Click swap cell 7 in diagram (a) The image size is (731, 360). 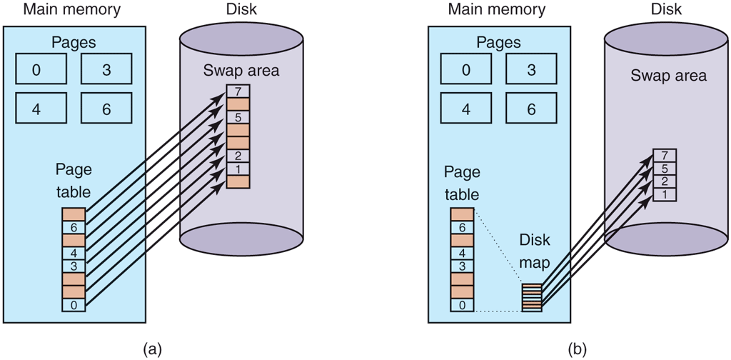tap(238, 91)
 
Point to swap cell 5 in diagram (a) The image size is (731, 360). tap(238, 117)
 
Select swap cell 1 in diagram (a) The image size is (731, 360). tap(238, 169)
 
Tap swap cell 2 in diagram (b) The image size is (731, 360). tap(664, 181)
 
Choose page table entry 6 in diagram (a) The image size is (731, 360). tap(74, 227)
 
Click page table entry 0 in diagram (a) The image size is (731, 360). tap(74, 305)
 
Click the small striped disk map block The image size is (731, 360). tap(532, 297)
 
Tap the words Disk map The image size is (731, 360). tap(535, 251)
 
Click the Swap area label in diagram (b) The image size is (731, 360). tap(668, 76)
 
